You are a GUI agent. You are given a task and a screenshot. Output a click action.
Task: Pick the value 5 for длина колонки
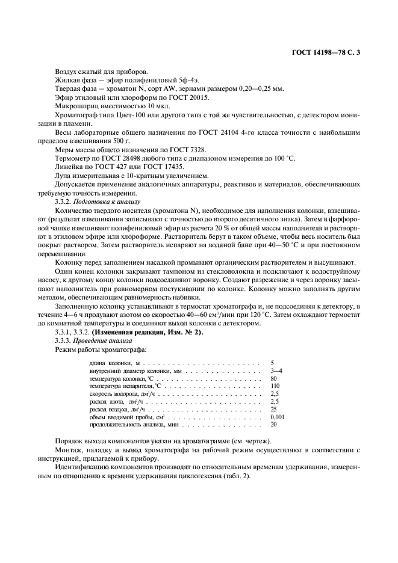tap(273, 363)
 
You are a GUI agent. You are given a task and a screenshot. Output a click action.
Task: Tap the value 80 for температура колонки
tap(274, 379)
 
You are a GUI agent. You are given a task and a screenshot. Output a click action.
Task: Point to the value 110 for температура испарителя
tap(276, 386)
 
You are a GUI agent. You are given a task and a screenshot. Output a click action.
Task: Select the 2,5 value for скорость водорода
tap(275, 394)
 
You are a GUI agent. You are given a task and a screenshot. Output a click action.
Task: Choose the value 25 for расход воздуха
tap(274, 409)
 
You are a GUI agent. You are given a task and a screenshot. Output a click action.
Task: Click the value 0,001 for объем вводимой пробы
tap(278, 417)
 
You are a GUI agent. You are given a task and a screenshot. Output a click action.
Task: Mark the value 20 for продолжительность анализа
tap(274, 425)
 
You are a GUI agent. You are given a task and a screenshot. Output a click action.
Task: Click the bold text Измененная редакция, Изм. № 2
tap(153, 333)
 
